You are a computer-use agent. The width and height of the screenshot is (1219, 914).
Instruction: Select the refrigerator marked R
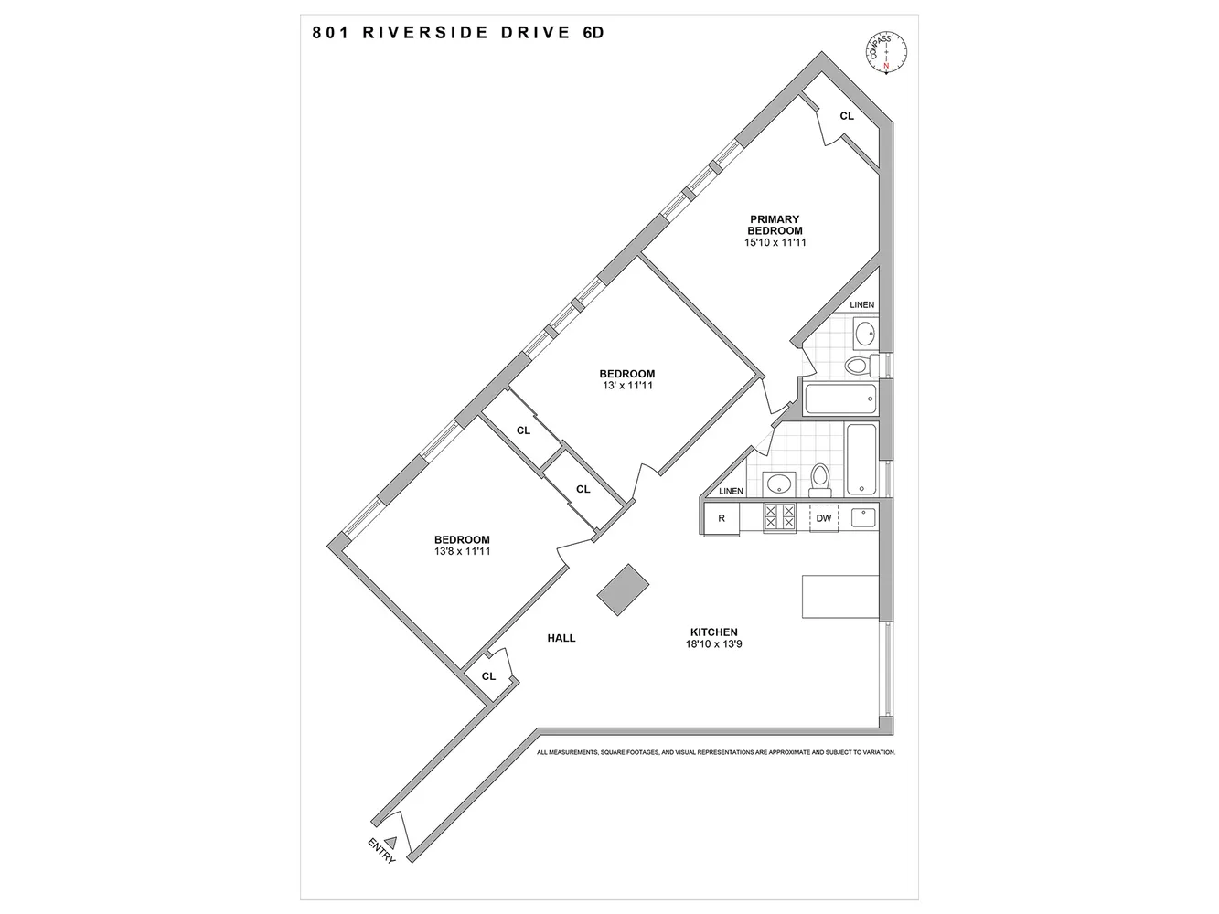[722, 519]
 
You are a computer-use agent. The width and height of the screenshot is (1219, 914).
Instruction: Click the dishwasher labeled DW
[824, 518]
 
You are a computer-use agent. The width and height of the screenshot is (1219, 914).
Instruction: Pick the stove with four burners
[779, 517]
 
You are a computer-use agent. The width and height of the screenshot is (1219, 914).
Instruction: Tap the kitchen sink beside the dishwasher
[863, 517]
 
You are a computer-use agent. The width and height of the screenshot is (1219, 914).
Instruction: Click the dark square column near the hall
[623, 590]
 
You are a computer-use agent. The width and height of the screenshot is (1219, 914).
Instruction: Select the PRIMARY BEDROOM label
[775, 225]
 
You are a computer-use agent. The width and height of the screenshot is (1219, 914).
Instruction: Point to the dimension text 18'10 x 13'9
[713, 644]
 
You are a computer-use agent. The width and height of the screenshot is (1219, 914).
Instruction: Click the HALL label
[561, 638]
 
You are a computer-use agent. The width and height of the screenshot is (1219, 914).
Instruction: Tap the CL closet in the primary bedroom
[847, 116]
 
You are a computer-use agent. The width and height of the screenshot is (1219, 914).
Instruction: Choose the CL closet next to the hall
[488, 676]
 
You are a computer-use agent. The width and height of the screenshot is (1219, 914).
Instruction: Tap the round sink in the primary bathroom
[865, 334]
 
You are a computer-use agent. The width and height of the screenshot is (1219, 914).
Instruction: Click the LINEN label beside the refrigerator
[731, 491]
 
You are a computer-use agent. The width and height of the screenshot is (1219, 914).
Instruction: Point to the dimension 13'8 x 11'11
[462, 552]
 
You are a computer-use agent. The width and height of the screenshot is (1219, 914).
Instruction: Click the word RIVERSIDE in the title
[425, 33]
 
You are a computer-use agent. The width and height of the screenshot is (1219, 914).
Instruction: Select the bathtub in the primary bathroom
[840, 399]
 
